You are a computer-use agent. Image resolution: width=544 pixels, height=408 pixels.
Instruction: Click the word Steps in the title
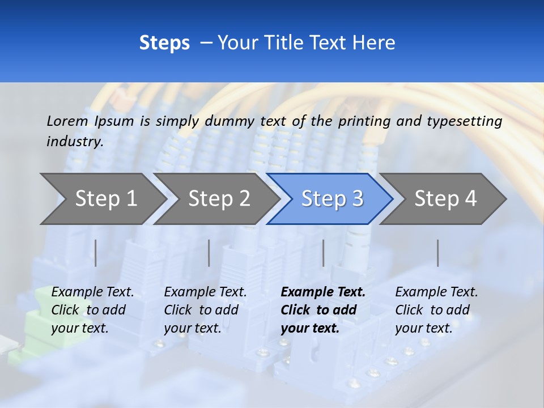(164, 43)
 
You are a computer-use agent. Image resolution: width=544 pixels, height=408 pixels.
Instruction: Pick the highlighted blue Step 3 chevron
(331, 199)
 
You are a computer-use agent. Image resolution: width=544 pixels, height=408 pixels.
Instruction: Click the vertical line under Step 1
(96, 253)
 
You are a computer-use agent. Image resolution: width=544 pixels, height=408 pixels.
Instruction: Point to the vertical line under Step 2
(209, 253)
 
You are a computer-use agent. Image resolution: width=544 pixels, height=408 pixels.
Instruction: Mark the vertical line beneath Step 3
(323, 253)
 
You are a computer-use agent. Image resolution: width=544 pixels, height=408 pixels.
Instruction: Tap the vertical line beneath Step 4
(437, 253)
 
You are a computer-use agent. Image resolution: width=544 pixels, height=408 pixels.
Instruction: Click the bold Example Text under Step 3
(323, 310)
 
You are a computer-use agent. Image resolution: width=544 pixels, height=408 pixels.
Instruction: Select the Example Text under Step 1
(92, 310)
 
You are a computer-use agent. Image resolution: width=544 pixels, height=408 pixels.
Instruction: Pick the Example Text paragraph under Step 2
(205, 310)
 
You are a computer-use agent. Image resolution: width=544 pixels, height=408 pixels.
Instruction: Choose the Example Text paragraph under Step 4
(436, 310)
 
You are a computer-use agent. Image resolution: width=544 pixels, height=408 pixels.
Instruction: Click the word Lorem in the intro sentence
(67, 121)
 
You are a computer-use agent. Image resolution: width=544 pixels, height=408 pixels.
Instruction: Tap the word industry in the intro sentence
(75, 142)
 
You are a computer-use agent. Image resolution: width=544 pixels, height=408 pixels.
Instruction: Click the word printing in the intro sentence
(364, 121)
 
